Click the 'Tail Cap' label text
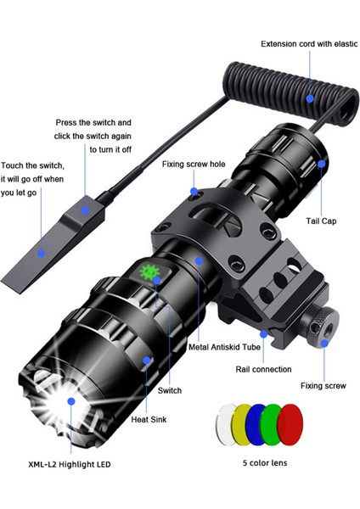coord(321,221)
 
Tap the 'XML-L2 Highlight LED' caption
coord(68,464)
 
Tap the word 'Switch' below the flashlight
coord(170,390)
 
